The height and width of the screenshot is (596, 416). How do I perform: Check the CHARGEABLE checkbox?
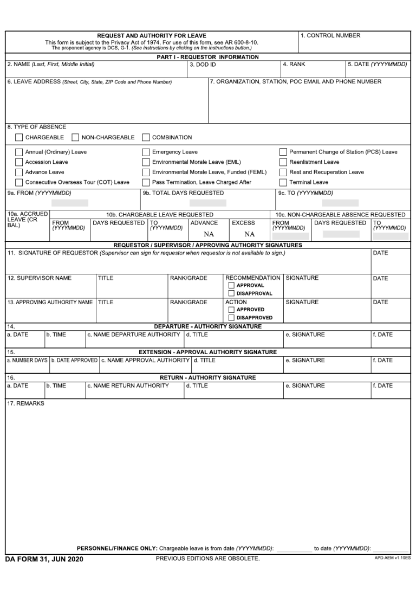19,138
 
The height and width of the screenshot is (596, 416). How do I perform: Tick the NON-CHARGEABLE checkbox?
75,138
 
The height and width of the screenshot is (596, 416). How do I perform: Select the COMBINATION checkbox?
146,138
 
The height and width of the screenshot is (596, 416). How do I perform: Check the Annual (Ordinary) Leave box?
19,152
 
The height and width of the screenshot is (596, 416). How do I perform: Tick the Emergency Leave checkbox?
146,152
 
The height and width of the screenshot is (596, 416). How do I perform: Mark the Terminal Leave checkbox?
283,183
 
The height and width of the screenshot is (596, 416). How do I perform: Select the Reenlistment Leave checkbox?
283,162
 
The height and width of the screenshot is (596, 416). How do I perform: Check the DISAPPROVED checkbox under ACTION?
231,318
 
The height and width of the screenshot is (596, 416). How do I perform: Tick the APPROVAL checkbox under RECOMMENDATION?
231,285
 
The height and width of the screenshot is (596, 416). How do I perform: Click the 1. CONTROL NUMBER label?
330,36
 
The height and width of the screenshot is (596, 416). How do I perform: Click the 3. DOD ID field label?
203,65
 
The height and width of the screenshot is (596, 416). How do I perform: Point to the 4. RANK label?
294,65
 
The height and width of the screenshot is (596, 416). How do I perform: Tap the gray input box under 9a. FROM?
69,203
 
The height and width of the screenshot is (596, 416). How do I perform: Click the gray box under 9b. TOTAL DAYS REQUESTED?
208,203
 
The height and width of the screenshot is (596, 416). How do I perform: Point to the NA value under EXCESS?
249,235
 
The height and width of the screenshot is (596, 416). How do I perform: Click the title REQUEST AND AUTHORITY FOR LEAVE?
152,36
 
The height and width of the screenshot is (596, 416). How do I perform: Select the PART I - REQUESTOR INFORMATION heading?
207,57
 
